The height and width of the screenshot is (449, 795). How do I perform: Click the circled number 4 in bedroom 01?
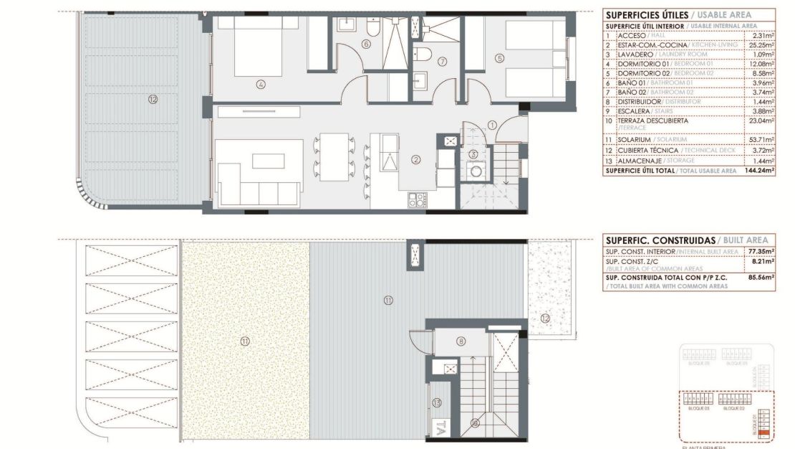[x=261, y=84]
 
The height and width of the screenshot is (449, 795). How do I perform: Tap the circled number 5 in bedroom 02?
[x=499, y=58]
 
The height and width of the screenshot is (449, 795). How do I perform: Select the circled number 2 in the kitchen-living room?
[x=415, y=160]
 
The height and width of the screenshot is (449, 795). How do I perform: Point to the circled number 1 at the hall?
[x=492, y=125]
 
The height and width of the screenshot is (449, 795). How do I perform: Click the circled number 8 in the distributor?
[x=461, y=341]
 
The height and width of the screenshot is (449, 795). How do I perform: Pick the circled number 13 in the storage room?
[x=436, y=402]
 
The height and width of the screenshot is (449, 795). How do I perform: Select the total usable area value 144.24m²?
[x=759, y=171]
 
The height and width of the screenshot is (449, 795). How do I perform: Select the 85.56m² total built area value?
[x=761, y=277]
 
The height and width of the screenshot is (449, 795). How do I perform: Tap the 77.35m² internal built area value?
[x=761, y=252]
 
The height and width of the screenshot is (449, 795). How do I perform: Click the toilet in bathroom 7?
[x=425, y=55]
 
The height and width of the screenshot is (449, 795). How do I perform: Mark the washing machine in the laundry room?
[x=473, y=171]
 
